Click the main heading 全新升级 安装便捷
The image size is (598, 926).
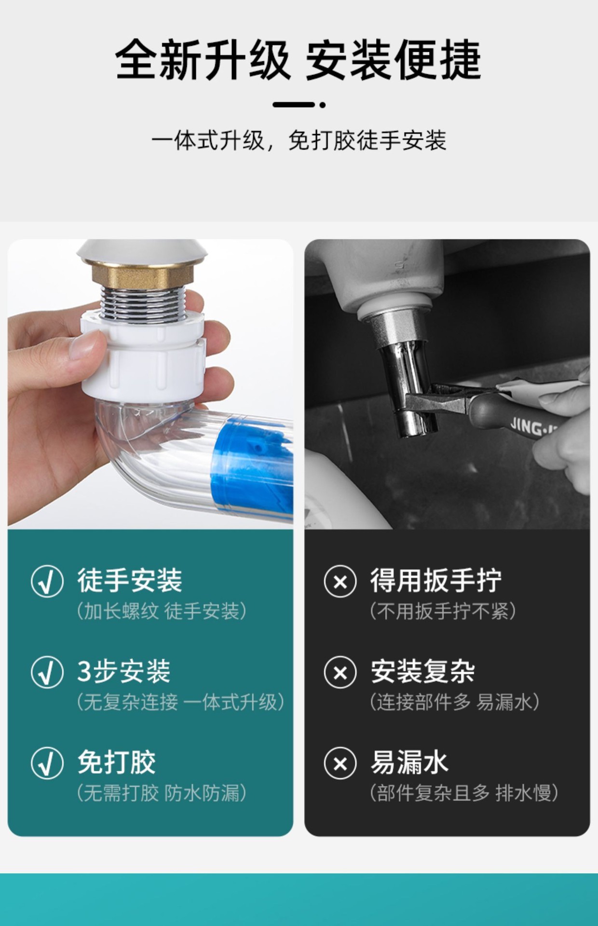[x=299, y=60]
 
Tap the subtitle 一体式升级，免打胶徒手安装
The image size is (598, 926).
[x=299, y=141]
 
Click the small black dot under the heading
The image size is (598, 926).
[x=323, y=104]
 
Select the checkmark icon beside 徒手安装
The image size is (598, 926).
[x=47, y=581]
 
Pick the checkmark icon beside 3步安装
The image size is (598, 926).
[x=47, y=672]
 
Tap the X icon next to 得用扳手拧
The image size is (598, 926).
[x=340, y=581]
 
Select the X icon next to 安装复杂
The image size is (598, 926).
[x=340, y=672]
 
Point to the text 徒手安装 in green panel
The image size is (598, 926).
[x=130, y=580]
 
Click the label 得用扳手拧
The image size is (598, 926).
[x=436, y=580]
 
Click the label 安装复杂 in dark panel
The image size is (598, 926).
[x=422, y=671]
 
